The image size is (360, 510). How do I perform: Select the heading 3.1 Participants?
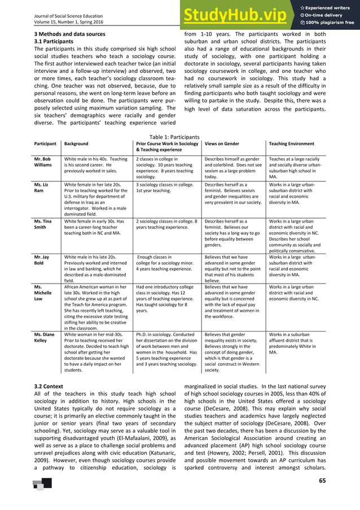click(54, 41)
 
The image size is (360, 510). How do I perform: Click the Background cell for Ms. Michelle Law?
click(96, 307)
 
